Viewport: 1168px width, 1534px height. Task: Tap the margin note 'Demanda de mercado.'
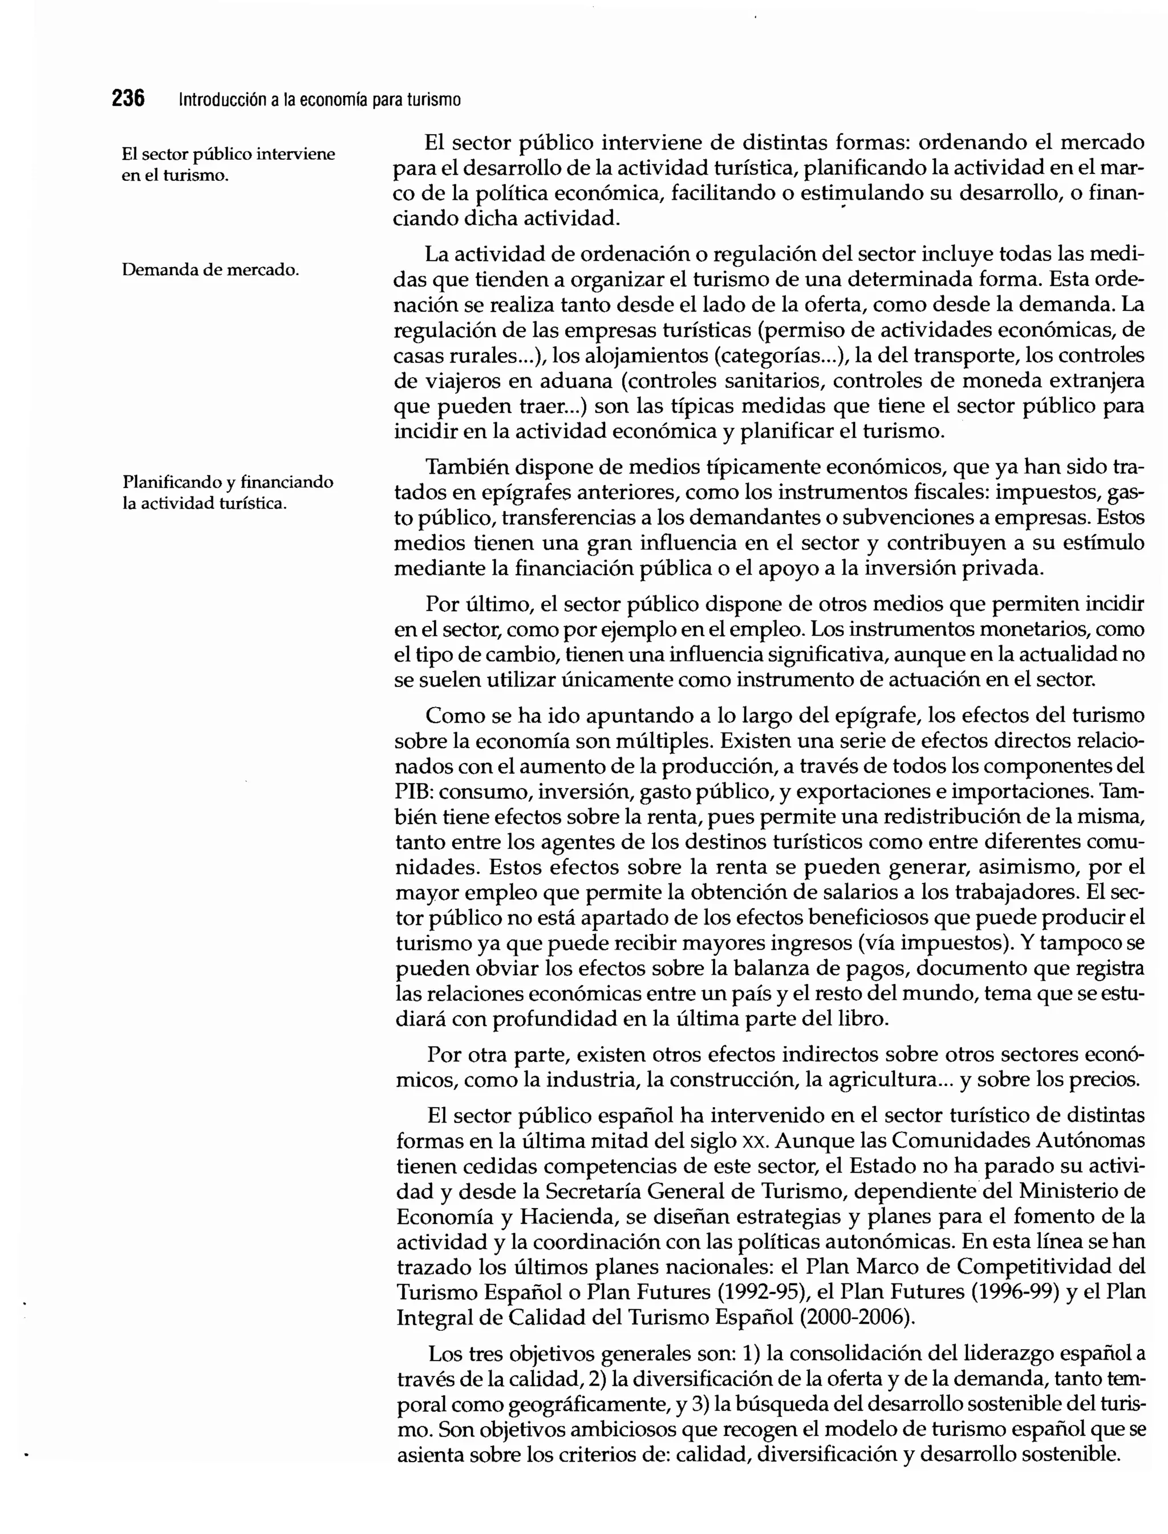click(x=210, y=270)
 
